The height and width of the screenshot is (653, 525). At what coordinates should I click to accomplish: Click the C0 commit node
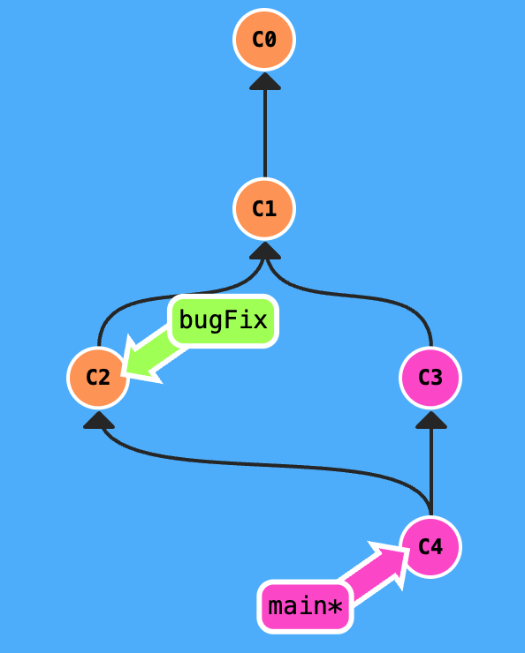[264, 40]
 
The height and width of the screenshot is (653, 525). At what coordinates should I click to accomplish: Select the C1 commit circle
[264, 209]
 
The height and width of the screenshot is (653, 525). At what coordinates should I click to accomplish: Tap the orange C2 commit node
[98, 378]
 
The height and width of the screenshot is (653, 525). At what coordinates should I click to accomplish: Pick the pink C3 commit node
[430, 378]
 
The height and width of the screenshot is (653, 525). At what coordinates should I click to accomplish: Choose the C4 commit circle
[430, 547]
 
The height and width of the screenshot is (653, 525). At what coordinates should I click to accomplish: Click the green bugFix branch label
[223, 319]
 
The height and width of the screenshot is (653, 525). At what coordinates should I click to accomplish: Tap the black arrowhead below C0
[264, 81]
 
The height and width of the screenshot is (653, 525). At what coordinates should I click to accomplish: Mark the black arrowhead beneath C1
[264, 251]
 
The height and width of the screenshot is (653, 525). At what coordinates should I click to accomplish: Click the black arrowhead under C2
[99, 420]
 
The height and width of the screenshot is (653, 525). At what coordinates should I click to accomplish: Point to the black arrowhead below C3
[430, 420]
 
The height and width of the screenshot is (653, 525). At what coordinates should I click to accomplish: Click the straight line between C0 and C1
[264, 132]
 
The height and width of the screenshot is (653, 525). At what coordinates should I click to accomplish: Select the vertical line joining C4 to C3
[430, 468]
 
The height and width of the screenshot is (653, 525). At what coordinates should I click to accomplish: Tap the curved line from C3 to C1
[371, 300]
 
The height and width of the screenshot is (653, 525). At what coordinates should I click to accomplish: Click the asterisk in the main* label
[335, 607]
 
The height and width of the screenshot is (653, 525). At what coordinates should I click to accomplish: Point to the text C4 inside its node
[430, 547]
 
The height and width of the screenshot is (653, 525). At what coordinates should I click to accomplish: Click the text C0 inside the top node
[264, 40]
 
